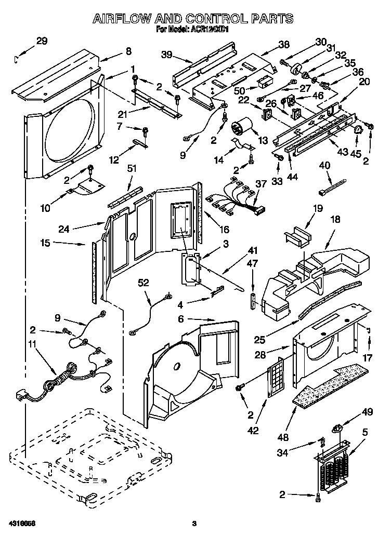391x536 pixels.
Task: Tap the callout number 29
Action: pos(42,41)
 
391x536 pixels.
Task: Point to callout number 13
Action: pos(263,141)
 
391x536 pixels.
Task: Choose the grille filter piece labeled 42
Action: pos(276,377)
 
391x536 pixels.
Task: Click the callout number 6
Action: pos(180,318)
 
